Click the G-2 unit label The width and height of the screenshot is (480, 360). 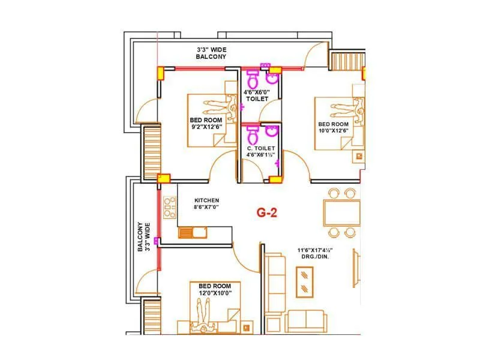point(266,212)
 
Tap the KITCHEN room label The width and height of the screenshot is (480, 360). point(206,200)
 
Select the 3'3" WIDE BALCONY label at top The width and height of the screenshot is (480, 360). point(211,53)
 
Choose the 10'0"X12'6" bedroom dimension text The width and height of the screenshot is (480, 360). point(333,131)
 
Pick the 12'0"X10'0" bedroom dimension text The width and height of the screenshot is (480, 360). point(215,293)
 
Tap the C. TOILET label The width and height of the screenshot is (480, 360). point(261,148)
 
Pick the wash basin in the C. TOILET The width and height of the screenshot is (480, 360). point(272,131)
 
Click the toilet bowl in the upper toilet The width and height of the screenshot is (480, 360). point(253,78)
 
